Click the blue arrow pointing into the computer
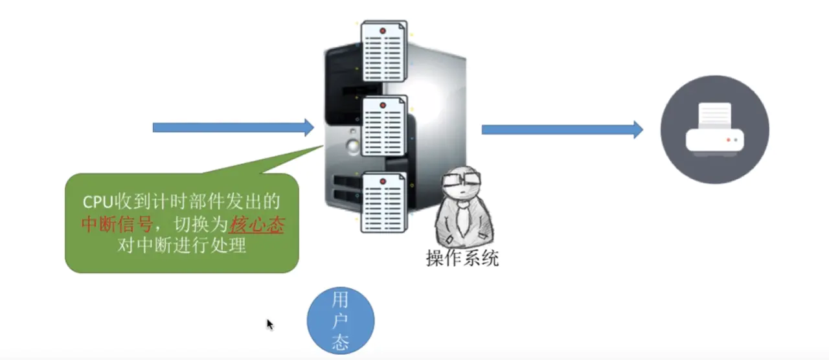point(233,128)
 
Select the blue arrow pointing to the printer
point(562,129)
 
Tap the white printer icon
point(714,129)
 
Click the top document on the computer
point(384,51)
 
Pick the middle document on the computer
point(384,126)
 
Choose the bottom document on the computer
point(384,202)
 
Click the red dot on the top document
point(383,31)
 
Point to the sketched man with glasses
point(464,207)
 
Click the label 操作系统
point(462,258)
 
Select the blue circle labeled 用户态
point(341,321)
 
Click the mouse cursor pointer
point(270,324)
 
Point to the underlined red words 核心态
point(257,224)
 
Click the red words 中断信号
point(117,224)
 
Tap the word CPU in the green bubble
point(98,202)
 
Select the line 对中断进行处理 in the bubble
point(182,245)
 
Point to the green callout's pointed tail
point(323,146)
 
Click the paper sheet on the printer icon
point(714,116)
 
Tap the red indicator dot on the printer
point(729,140)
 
